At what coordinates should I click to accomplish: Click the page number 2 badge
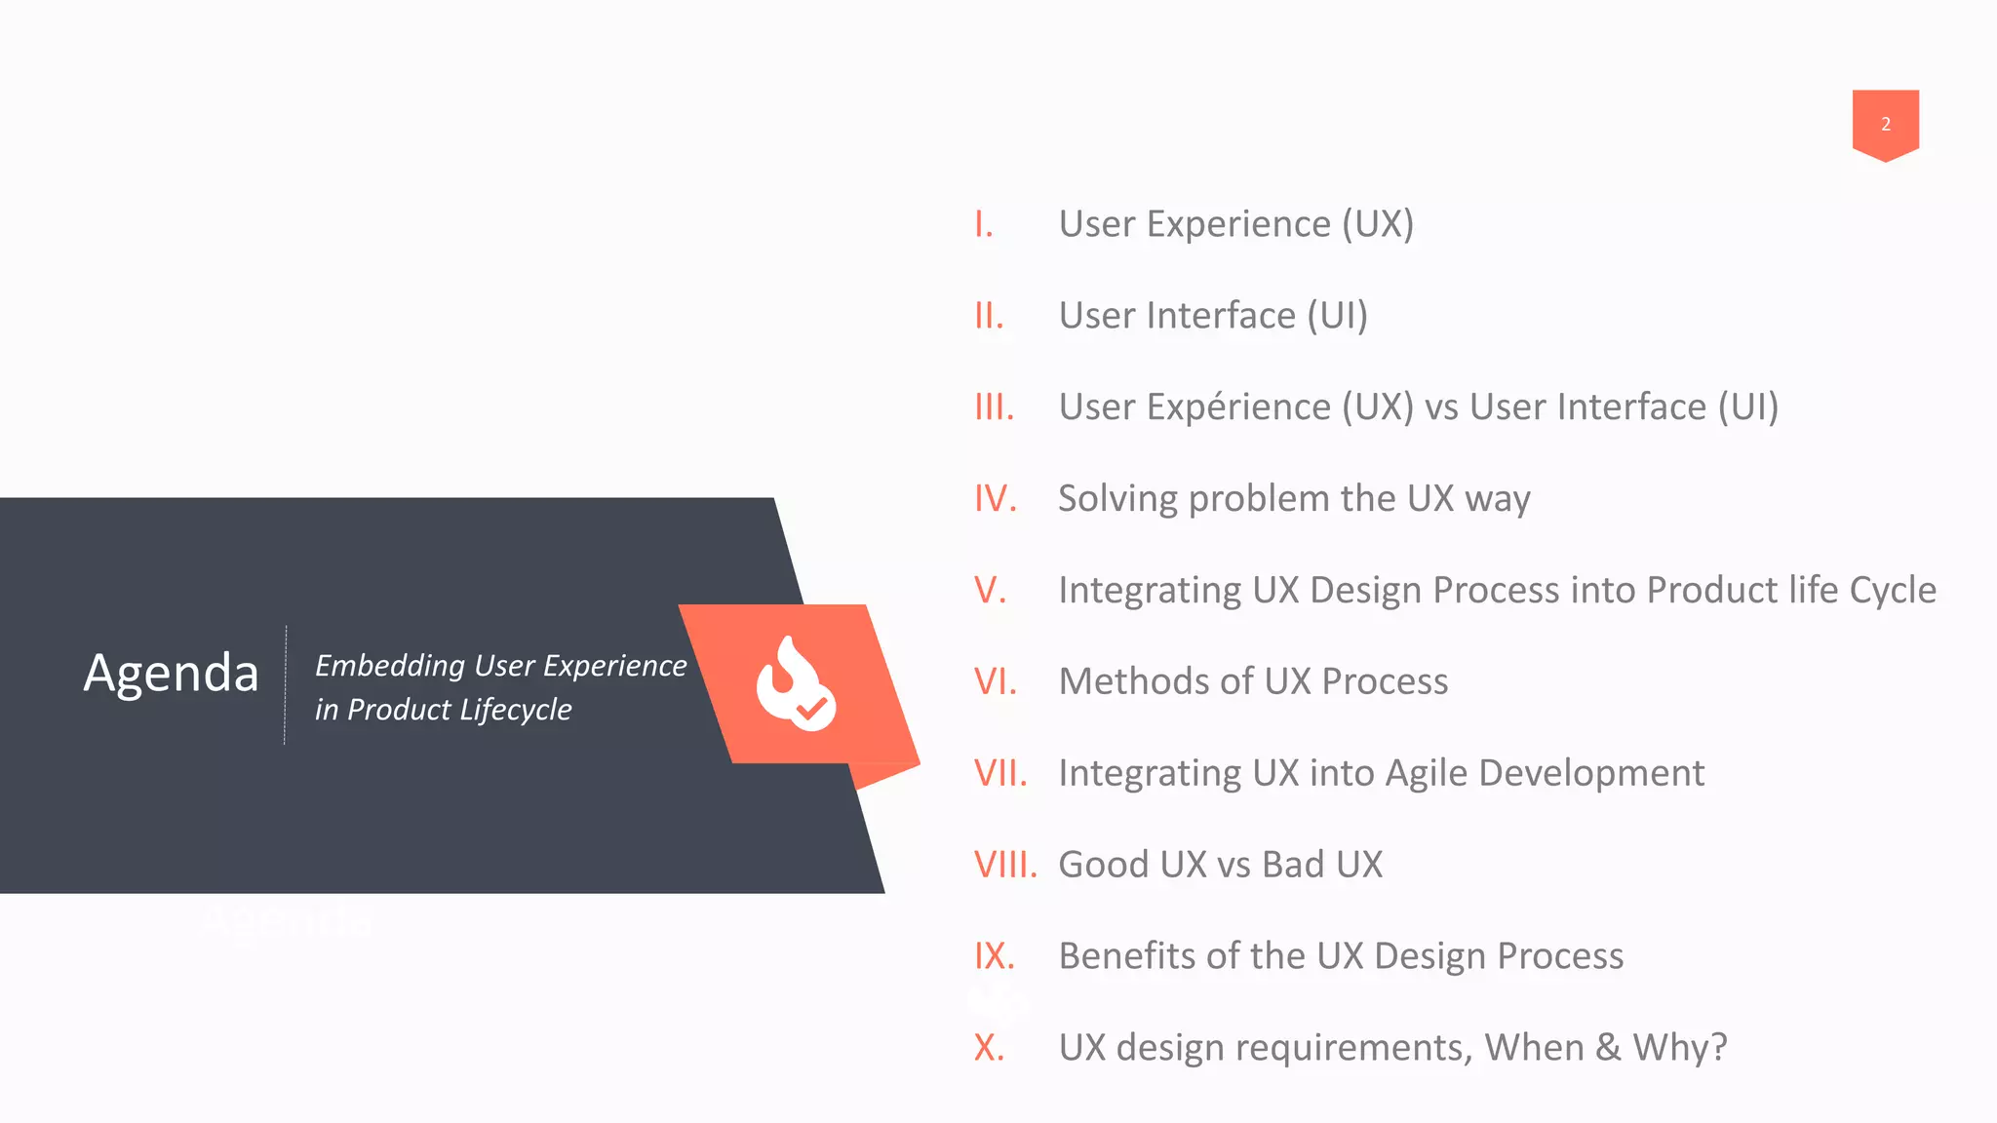coord(1885,124)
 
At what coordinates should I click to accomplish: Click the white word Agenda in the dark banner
coord(172,673)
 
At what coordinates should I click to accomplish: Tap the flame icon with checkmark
coord(795,683)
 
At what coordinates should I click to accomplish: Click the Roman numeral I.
coord(983,224)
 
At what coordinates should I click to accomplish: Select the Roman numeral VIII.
coord(1004,865)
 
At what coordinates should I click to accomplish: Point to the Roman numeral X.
coord(989,1048)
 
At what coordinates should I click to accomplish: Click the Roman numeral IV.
coord(995,499)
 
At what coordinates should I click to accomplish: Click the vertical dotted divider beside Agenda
coord(285,685)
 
